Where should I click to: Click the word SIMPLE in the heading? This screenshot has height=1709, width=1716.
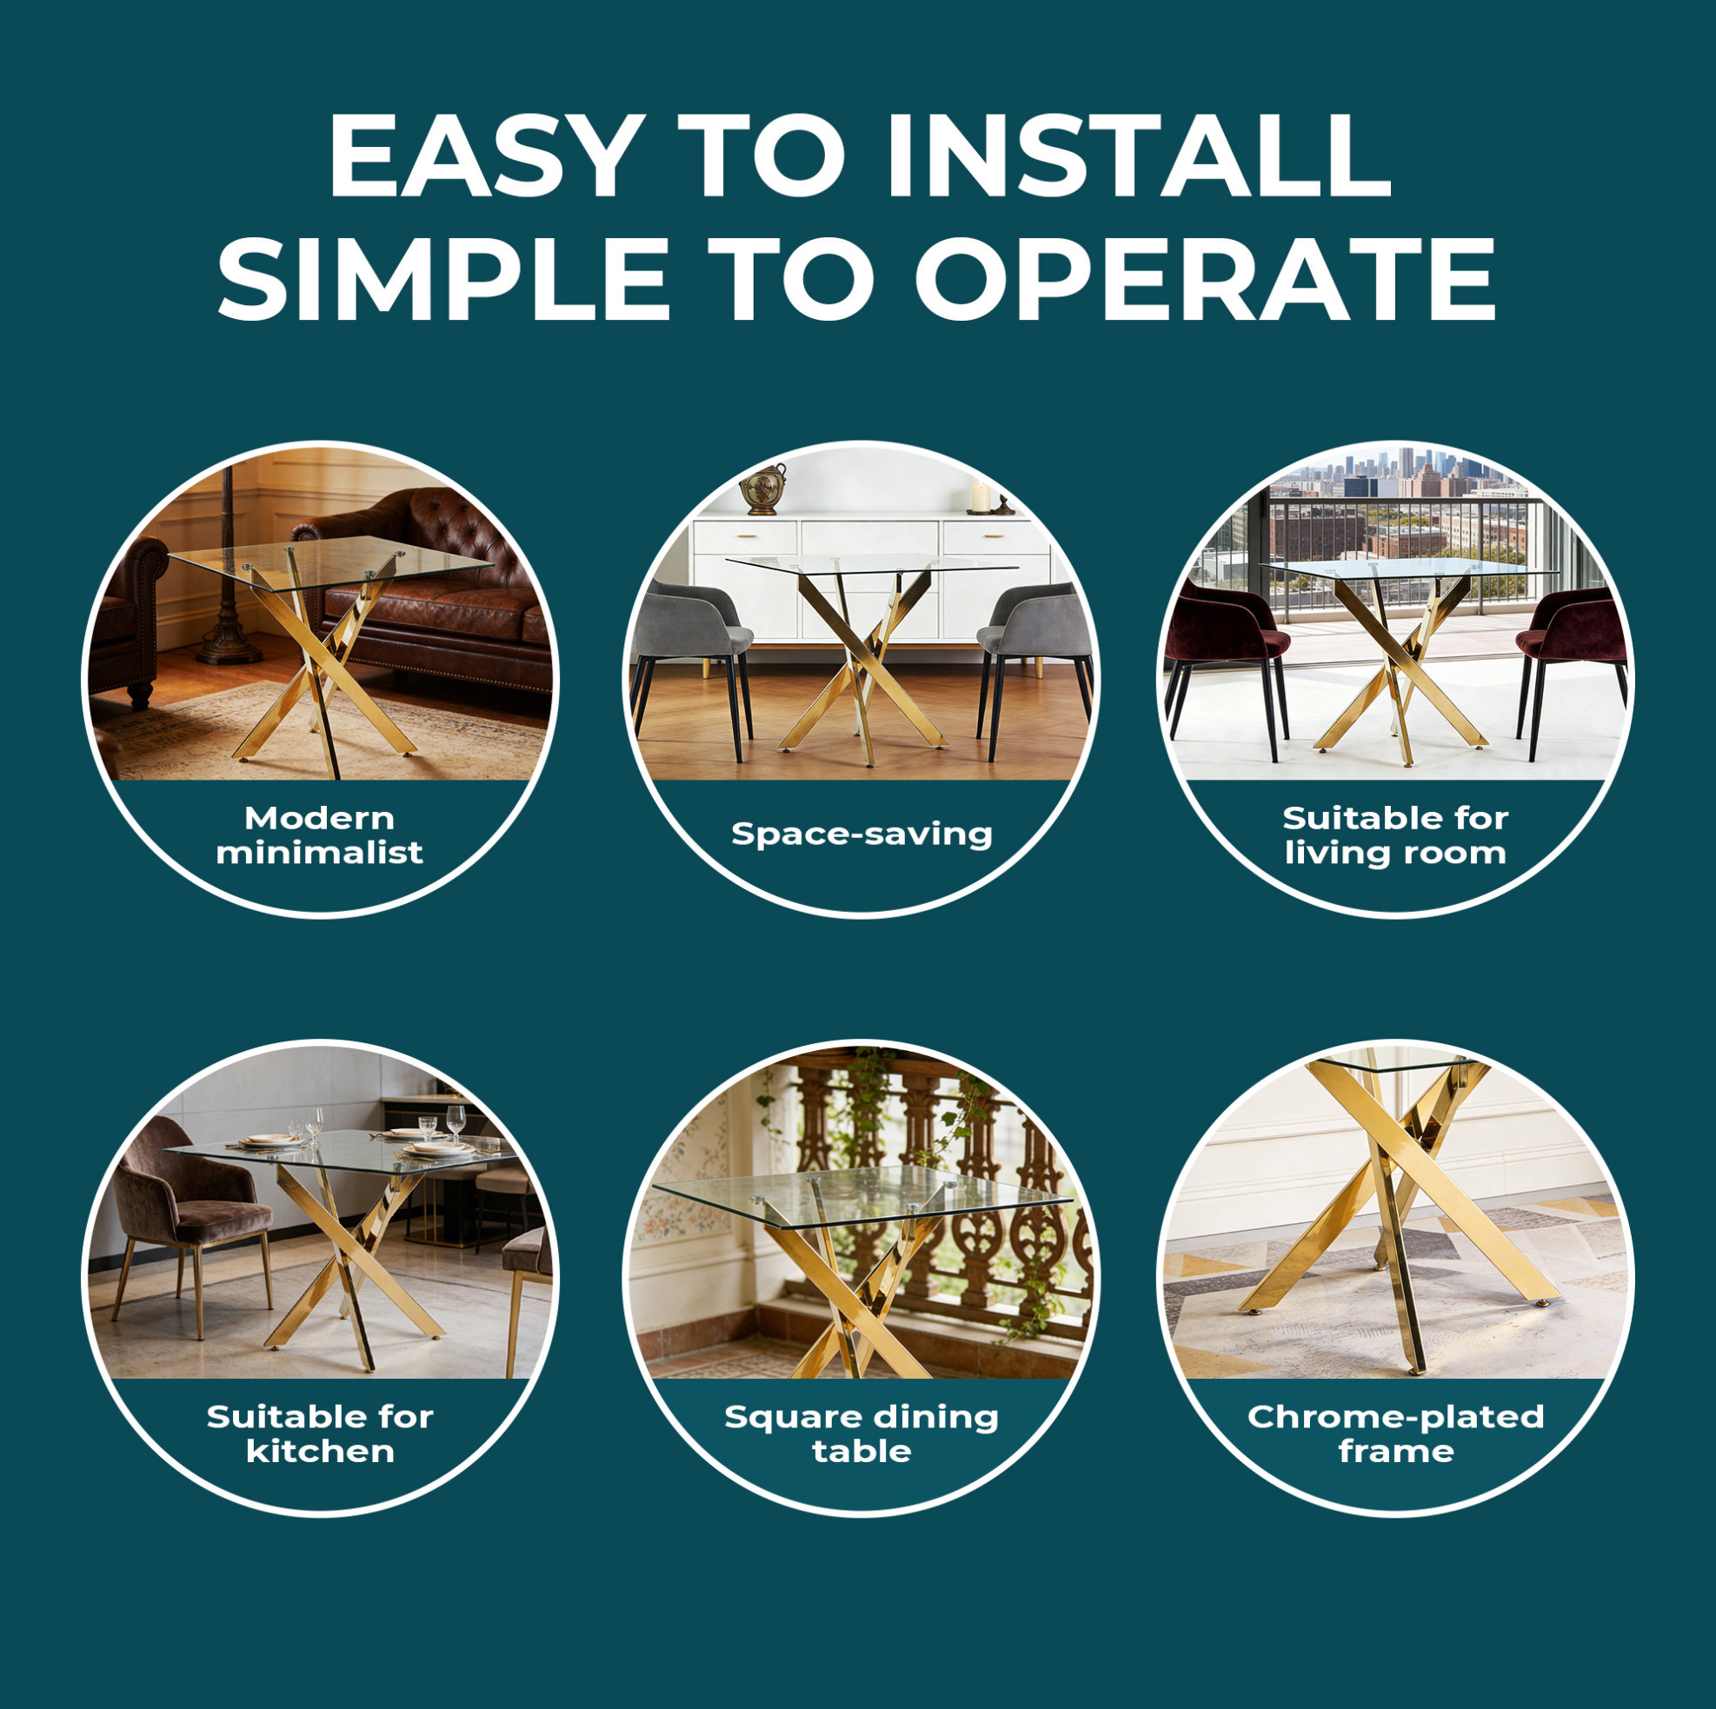click(x=443, y=278)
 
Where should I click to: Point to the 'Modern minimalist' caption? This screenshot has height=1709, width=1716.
click(x=320, y=835)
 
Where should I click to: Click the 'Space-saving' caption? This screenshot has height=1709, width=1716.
click(x=861, y=834)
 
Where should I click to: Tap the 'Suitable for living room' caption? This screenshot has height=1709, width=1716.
click(x=1395, y=835)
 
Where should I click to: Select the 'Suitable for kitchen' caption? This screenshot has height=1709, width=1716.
click(x=320, y=1433)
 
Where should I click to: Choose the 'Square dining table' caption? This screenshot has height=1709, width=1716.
click(x=861, y=1433)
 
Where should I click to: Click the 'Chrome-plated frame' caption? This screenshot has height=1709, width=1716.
click(x=1395, y=1433)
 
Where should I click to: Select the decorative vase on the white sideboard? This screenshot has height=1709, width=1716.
click(x=764, y=489)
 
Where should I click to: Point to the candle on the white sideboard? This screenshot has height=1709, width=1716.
click(x=981, y=498)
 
